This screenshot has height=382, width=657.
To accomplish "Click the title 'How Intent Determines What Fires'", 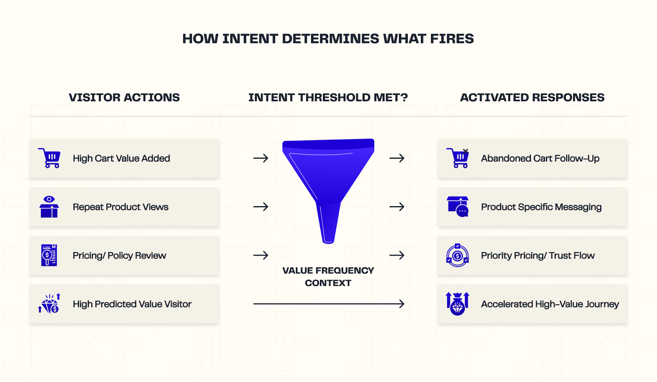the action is pos(328,39).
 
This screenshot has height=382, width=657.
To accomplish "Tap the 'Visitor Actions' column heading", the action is pos(124,97).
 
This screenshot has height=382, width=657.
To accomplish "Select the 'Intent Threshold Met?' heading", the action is pos(328,97).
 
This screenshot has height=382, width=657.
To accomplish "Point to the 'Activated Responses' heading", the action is pos(532,97).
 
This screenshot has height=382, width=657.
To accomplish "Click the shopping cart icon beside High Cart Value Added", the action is pos(50,158).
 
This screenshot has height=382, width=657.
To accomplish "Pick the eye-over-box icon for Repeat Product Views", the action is pos(49,207).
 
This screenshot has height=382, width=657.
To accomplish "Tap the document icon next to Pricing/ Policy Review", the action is pos(49,255).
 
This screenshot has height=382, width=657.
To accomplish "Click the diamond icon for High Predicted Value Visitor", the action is pos(50,304).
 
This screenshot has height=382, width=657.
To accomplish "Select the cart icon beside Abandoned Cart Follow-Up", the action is pos(457,158).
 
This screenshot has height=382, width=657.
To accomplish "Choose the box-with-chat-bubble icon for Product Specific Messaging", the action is pos(457,207).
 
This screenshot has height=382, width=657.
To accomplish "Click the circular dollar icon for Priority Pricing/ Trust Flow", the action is pos(457,255).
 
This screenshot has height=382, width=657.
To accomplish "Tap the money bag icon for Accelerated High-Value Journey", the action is pos(457,304).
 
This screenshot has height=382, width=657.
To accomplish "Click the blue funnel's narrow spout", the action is pos(328,224).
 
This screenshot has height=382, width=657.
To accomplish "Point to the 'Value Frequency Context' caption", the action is pos(328,276).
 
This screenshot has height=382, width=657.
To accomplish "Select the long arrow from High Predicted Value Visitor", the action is pos(328,304).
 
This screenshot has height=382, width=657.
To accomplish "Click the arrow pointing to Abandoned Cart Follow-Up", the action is pos(397,158).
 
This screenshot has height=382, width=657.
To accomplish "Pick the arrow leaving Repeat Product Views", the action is pos(261,207).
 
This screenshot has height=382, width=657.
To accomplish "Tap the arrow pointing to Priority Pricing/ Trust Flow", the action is pos(397,255).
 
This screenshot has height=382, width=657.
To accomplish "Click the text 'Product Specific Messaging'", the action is pos(541,207).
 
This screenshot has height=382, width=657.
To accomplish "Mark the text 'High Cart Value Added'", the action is pos(121,159).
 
